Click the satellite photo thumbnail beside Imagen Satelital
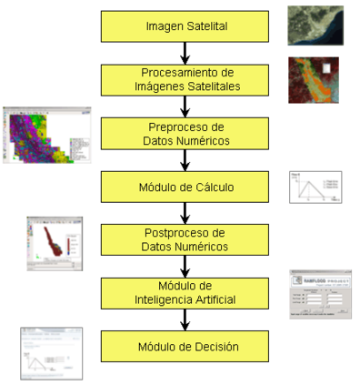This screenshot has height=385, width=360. (313, 25)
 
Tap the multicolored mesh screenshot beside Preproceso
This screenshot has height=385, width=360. (42, 135)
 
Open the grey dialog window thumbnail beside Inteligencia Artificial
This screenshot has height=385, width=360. (319, 293)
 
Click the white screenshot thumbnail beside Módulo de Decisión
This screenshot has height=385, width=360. (51, 353)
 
